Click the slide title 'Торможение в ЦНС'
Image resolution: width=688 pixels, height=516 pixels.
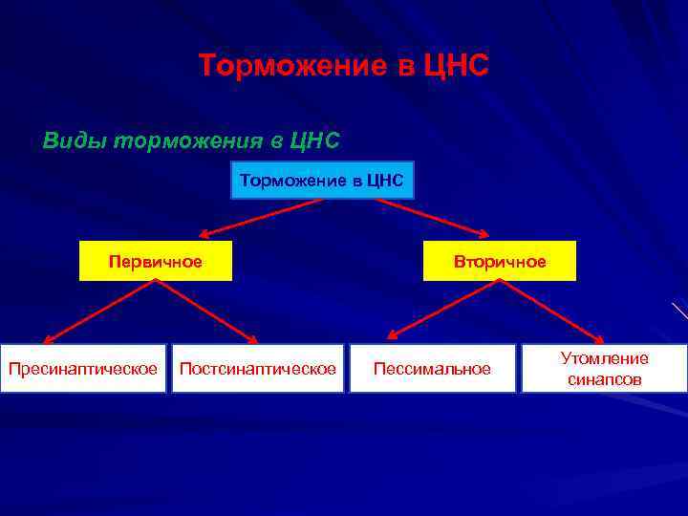click(x=343, y=66)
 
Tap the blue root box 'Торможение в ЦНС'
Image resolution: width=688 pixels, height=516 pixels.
click(x=322, y=180)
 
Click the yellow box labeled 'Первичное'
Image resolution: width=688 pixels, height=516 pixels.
click(x=155, y=261)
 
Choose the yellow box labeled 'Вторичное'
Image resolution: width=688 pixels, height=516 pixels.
click(x=500, y=261)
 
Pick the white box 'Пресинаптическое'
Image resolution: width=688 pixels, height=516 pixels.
click(x=83, y=369)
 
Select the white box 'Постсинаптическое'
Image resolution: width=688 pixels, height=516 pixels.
click(x=258, y=369)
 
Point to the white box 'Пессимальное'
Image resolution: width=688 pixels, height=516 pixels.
click(x=432, y=369)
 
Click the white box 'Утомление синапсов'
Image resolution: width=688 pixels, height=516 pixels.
click(x=604, y=369)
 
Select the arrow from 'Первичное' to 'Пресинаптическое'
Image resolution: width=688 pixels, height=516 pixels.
click(x=95, y=312)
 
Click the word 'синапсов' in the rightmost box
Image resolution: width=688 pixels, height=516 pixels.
click(x=604, y=379)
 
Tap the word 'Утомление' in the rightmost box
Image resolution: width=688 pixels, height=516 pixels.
click(x=604, y=358)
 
